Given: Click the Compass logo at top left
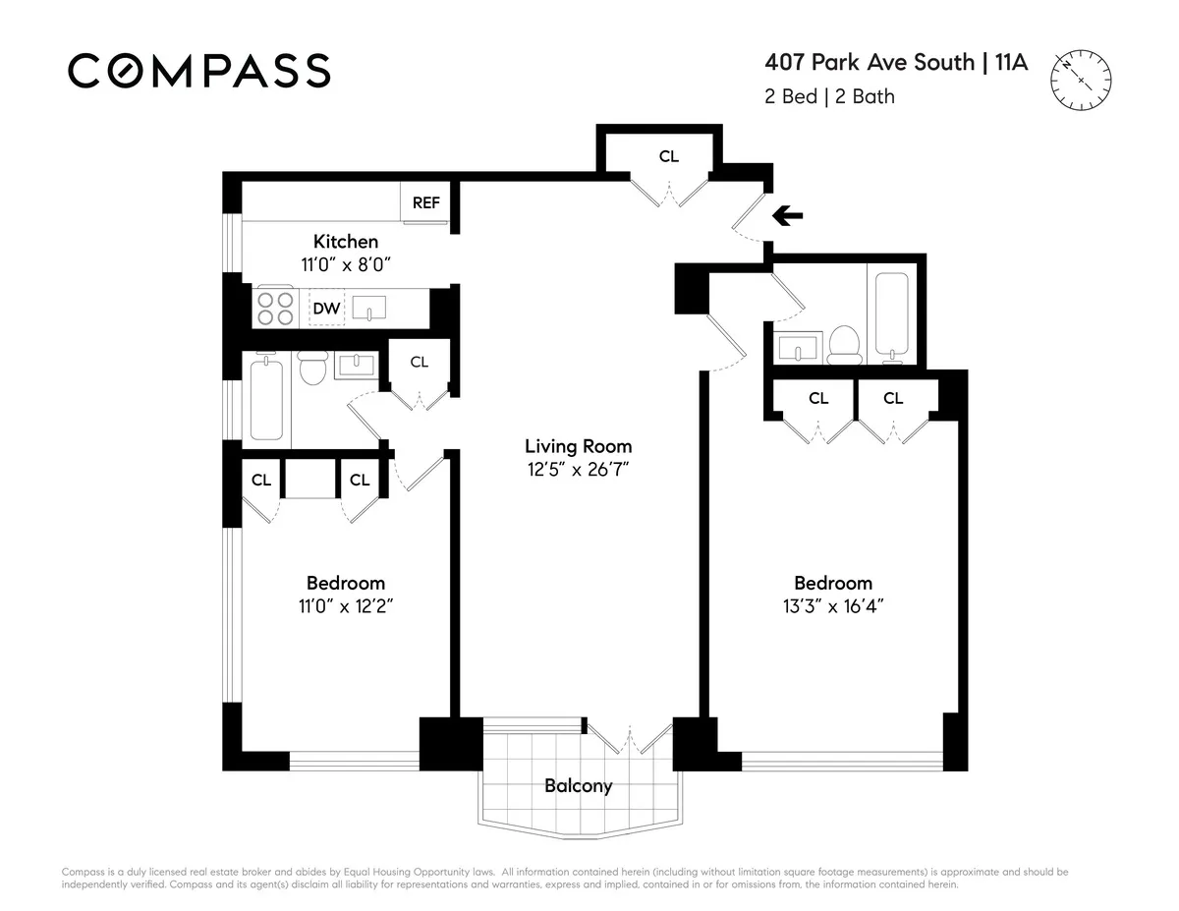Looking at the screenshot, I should point(198,71).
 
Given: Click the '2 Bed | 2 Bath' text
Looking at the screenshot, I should point(829,96).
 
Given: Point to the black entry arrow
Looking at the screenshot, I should point(787,216).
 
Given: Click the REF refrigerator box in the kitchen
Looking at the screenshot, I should point(425,202).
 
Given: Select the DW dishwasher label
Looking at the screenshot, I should point(326,309).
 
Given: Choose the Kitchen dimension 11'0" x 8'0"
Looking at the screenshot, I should point(345,263).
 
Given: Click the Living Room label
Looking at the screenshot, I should point(578,445).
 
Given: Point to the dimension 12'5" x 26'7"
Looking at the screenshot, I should point(578,469).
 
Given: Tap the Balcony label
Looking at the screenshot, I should point(578,785).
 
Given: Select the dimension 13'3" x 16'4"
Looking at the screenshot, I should point(832,605).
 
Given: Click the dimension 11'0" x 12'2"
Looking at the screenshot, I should point(345,605).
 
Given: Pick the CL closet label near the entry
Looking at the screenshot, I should point(668,155).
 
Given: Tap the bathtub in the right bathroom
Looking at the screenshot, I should point(894,316).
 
